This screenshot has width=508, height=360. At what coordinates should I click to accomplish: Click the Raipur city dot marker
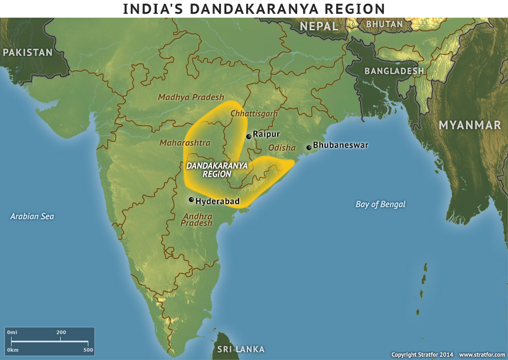(x=248, y=136)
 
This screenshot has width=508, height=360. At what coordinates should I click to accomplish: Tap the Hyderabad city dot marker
(x=192, y=200)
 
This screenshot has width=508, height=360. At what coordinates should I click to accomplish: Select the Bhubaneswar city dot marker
(x=309, y=147)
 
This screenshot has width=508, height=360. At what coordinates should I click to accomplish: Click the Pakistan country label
(x=28, y=52)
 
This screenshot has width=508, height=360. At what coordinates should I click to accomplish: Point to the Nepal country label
(x=319, y=26)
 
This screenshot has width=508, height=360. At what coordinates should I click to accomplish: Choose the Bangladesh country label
(x=394, y=71)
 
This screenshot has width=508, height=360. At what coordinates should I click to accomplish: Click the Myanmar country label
(x=469, y=125)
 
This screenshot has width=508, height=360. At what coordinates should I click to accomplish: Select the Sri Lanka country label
(x=241, y=349)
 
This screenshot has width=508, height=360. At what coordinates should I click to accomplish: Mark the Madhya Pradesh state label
(x=191, y=97)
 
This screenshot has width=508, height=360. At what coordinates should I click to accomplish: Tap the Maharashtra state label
(x=185, y=142)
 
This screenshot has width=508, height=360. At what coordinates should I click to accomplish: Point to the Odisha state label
(x=282, y=148)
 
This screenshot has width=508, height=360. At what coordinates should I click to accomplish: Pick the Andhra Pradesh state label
(x=197, y=219)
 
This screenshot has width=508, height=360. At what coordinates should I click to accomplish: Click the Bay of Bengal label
(x=380, y=204)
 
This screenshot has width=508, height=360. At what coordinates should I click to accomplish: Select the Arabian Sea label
(x=32, y=216)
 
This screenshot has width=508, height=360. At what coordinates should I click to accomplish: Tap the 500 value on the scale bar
(x=88, y=350)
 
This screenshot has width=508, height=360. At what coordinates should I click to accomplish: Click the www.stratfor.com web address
(x=481, y=354)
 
